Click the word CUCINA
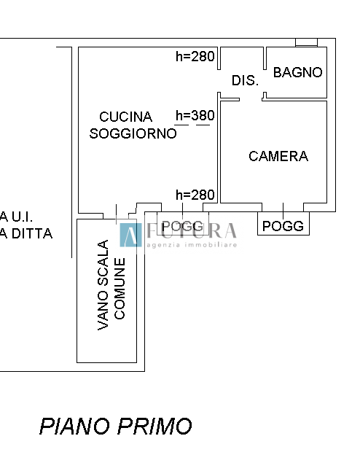pyautogui.click(x=125, y=117)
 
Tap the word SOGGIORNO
pyautogui.click(x=133, y=133)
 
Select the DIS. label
pyautogui.click(x=245, y=81)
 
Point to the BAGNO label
pyautogui.click(x=297, y=72)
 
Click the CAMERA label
pyautogui.click(x=278, y=156)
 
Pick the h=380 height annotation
pyautogui.click(x=195, y=115)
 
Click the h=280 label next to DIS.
pyautogui.click(x=195, y=57)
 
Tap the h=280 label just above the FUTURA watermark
pyautogui.click(x=195, y=195)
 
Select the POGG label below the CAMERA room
pyautogui.click(x=283, y=226)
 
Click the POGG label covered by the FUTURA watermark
pyautogui.click(x=182, y=226)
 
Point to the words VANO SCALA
pyautogui.click(x=103, y=285)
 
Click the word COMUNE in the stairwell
pyautogui.click(x=120, y=288)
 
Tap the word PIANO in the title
pyautogui.click(x=76, y=426)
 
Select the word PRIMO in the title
pyautogui.click(x=157, y=426)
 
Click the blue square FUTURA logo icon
pyautogui.click(x=130, y=234)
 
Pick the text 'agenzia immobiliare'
pyautogui.click(x=192, y=245)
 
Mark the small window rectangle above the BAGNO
pyautogui.click(x=306, y=42)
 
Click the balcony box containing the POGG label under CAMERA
pyautogui.click(x=283, y=224)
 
